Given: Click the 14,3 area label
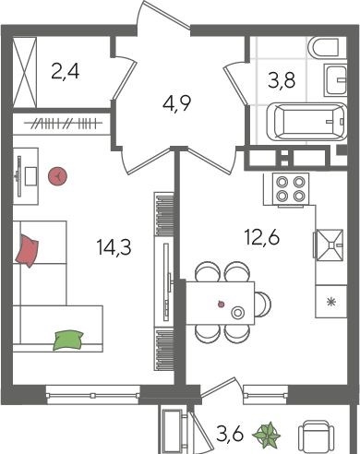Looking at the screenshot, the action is click(114, 247).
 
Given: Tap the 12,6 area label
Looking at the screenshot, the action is click(262, 237).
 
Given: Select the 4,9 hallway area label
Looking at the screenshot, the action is click(176, 104).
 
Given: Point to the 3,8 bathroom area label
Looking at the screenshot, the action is click(282, 80).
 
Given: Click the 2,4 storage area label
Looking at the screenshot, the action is click(66, 72).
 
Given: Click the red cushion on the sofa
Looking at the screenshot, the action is click(27, 250).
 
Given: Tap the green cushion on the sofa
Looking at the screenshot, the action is click(68, 340).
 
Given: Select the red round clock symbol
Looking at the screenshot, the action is click(57, 176).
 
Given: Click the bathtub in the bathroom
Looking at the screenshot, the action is click(307, 122).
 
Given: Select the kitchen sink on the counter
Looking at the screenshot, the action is click(330, 245).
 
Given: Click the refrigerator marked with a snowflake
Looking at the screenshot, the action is click(331, 302).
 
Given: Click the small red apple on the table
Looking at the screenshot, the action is click(221, 305).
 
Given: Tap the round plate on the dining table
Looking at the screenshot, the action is click(237, 313).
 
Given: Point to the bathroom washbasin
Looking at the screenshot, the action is click(335, 79).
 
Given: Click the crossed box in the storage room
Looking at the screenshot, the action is click(25, 72).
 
